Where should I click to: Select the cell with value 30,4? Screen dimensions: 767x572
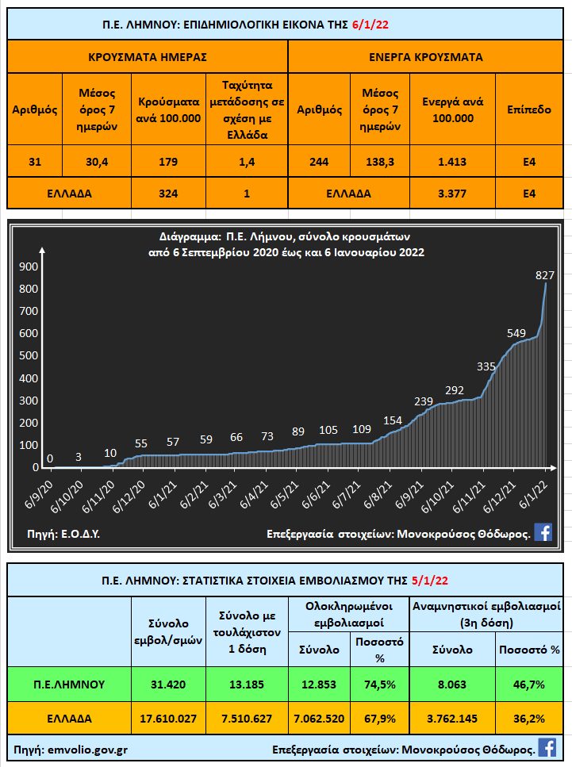point(98,161)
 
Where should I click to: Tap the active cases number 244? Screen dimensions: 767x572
point(320,161)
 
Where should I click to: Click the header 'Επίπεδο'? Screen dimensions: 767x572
point(529,109)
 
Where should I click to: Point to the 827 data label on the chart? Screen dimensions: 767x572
point(544,275)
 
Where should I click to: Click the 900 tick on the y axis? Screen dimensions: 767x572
point(27,267)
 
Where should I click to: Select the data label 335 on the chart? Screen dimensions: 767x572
point(487,366)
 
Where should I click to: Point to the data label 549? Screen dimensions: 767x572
point(516,332)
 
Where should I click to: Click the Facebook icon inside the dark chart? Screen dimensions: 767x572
point(543,532)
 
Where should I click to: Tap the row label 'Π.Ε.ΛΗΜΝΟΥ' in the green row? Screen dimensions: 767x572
point(70,684)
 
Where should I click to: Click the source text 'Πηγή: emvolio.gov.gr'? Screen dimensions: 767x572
point(71,748)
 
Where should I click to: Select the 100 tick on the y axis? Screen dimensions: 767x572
point(27,445)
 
